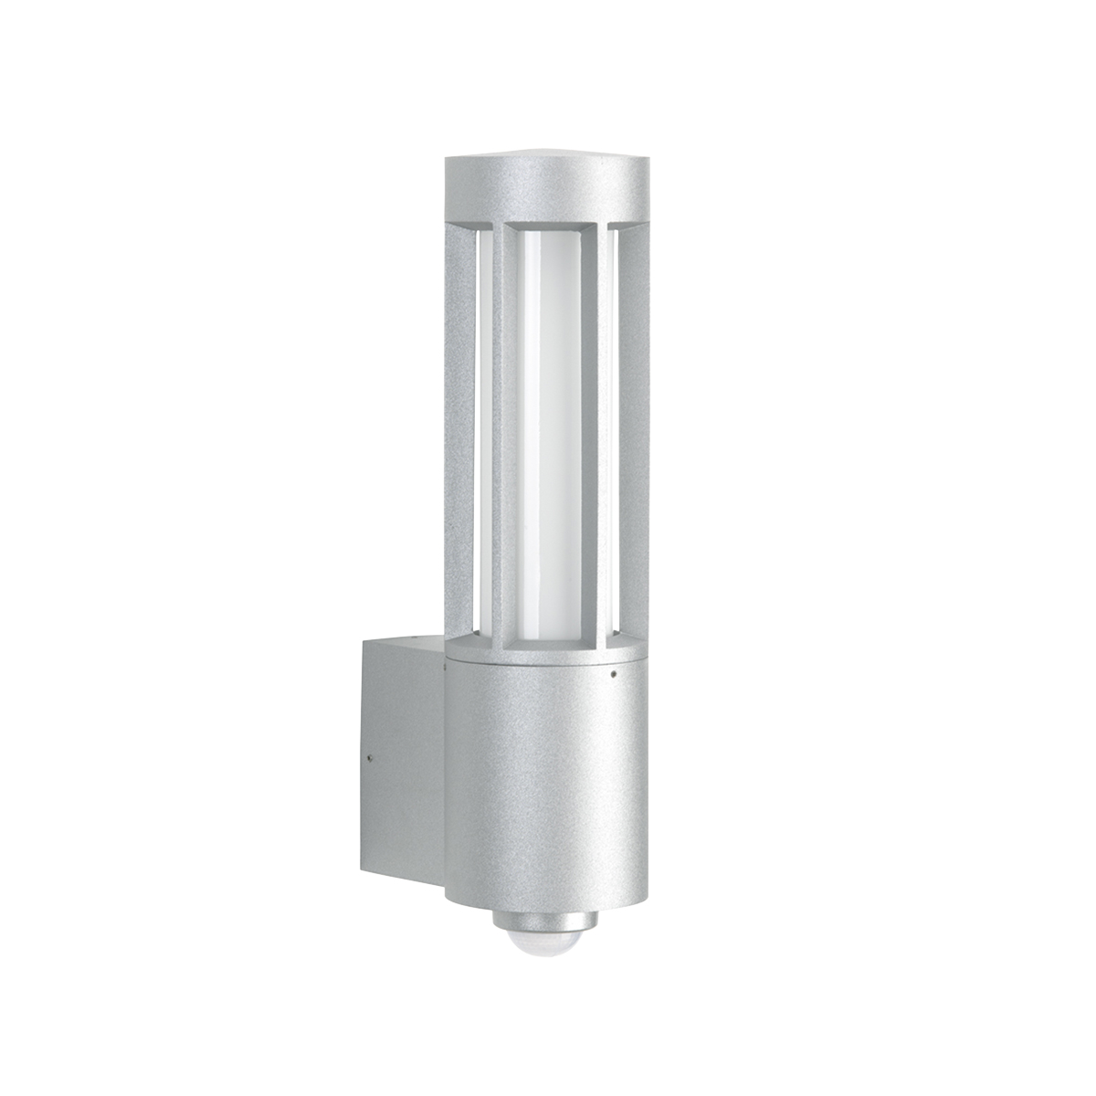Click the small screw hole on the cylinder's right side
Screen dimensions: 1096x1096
tap(614, 677)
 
